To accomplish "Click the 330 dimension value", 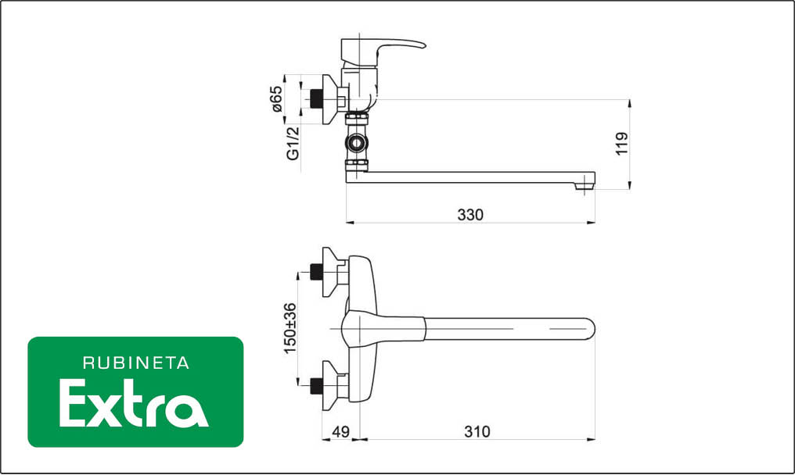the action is pos(470,215).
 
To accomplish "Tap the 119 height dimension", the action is pos(622,144).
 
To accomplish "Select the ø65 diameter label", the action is pos(276,98).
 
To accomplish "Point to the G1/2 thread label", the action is pos(293,143).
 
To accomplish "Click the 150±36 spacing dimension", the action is pos(290,328).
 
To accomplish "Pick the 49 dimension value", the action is pos(340,432).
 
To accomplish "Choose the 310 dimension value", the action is pos(477,432).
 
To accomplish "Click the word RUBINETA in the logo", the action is pos(136,363).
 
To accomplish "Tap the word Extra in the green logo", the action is pos(134,403).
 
